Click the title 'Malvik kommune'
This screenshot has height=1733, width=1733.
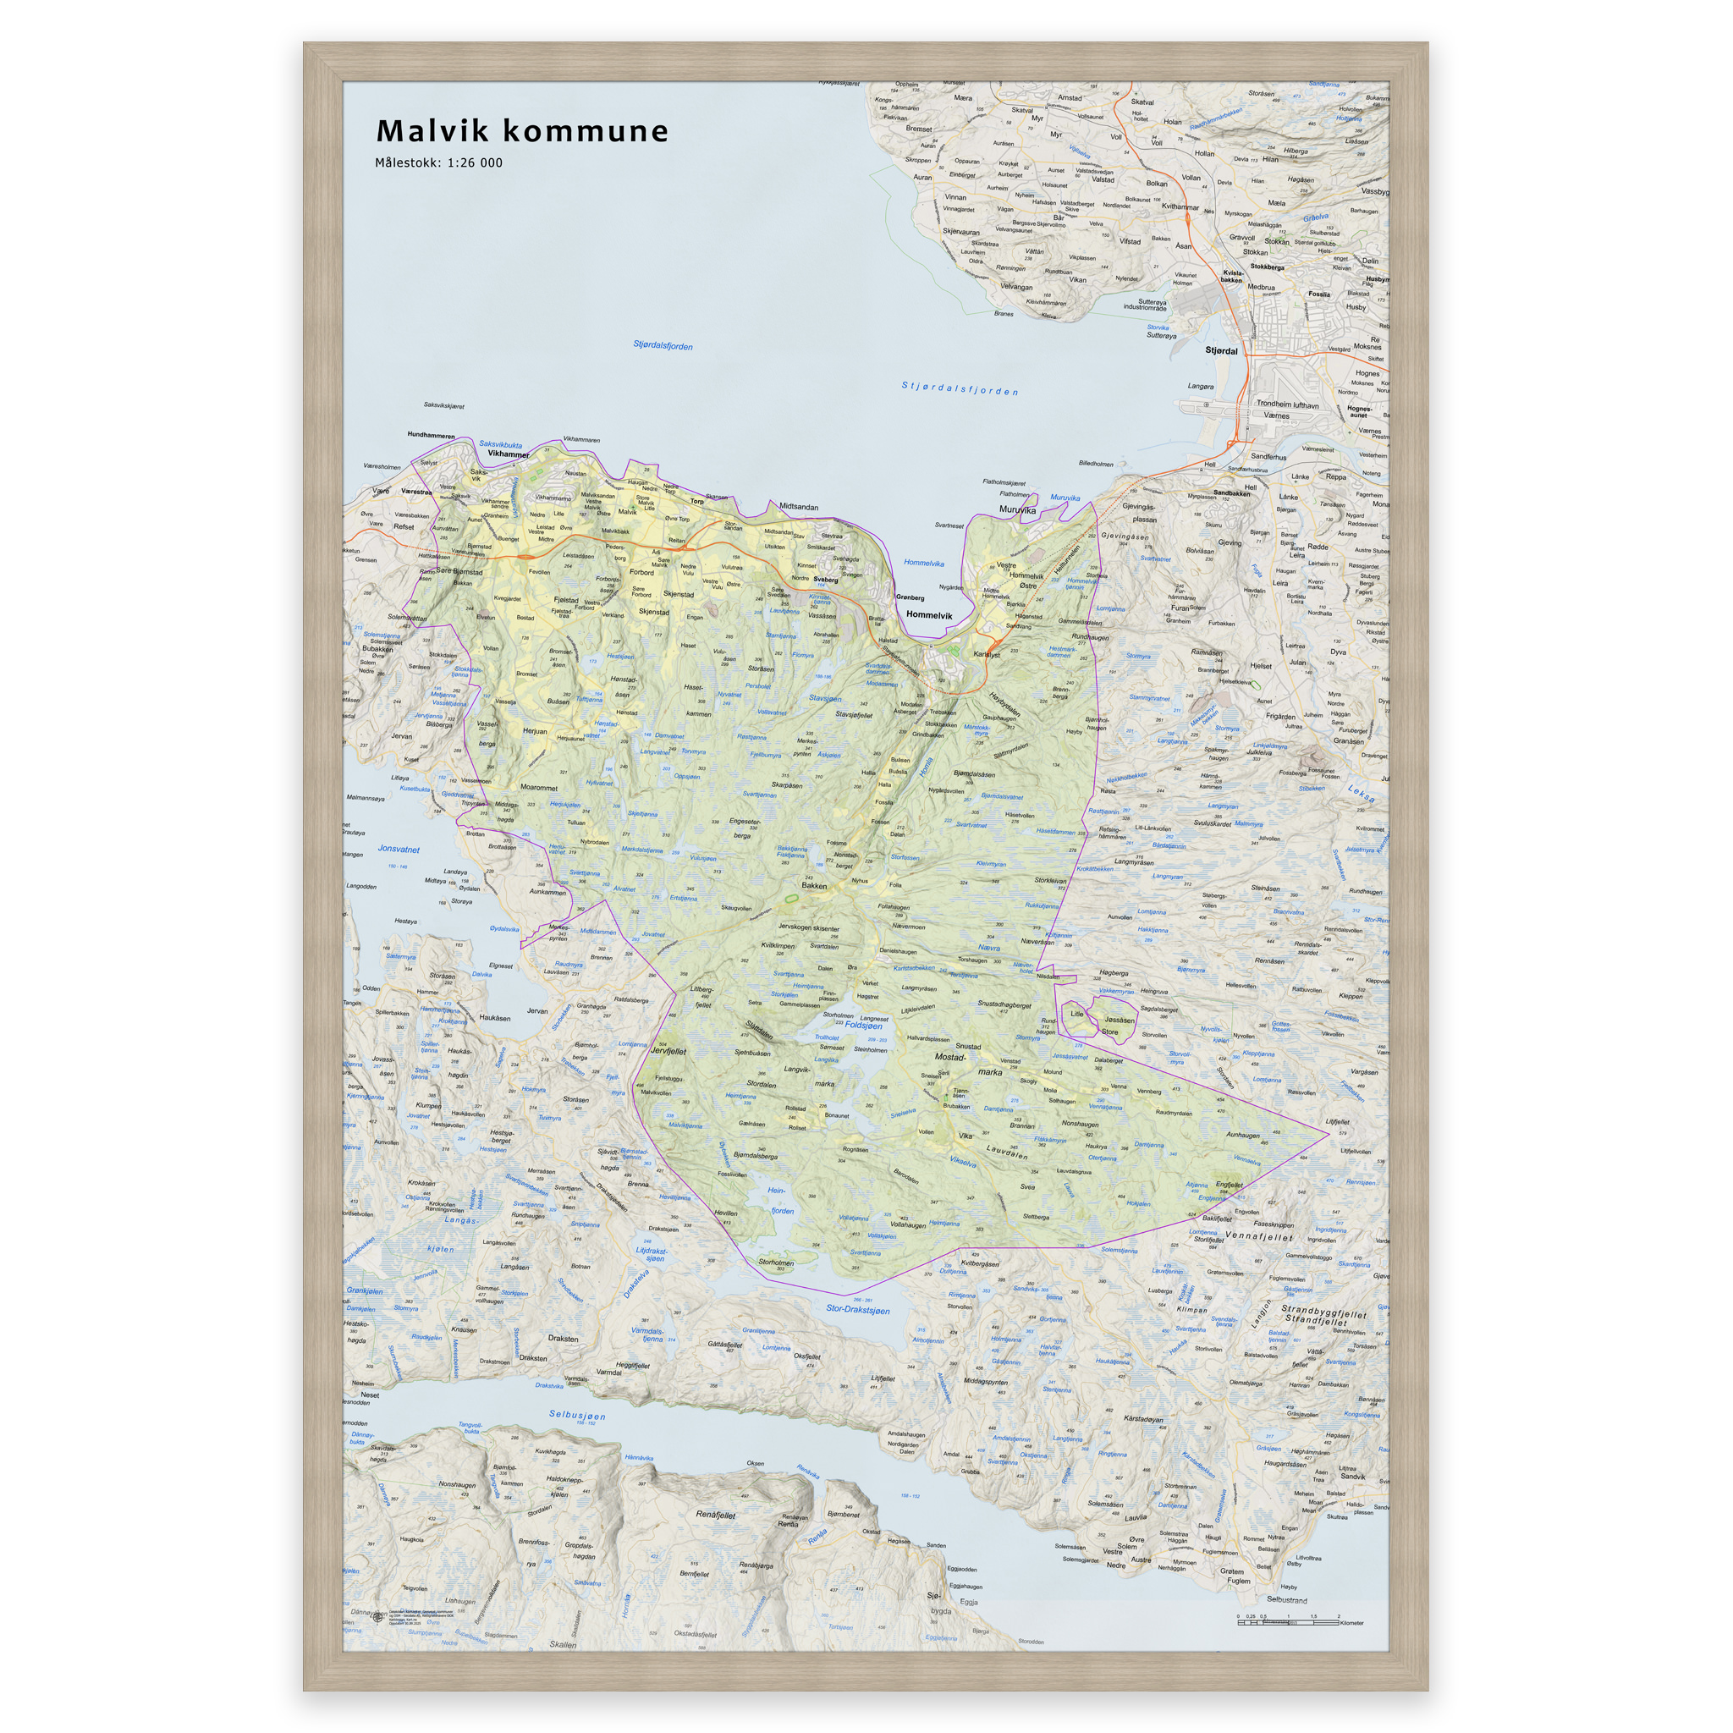[x=522, y=131]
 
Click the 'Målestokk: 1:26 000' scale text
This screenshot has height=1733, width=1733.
[x=438, y=163]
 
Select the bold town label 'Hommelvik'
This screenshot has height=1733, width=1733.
[x=928, y=615]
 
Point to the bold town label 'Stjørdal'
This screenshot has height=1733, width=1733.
[x=1221, y=350]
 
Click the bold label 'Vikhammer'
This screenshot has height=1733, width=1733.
[x=509, y=454]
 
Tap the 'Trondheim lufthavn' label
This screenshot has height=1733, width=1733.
[x=1287, y=404]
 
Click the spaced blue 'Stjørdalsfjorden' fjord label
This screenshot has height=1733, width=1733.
[x=960, y=388]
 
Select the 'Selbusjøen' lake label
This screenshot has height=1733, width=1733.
[x=577, y=1416]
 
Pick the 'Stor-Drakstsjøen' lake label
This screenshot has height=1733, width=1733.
[x=857, y=1310]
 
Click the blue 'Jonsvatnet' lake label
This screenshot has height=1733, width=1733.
[x=399, y=849]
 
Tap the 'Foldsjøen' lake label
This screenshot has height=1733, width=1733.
[x=863, y=1026]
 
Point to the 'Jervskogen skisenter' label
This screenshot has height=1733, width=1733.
[x=808, y=928]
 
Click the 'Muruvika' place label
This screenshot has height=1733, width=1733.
[x=1017, y=509]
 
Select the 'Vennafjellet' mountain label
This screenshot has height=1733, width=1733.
[x=1258, y=1237]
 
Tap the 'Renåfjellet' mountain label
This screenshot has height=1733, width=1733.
[x=715, y=1514]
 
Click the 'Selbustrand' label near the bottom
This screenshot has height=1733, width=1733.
[x=1286, y=1599]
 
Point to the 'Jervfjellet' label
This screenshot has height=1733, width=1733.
[x=668, y=1050]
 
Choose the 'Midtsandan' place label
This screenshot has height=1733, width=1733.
[x=798, y=507]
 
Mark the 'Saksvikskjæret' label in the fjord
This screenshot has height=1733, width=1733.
[x=444, y=405]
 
